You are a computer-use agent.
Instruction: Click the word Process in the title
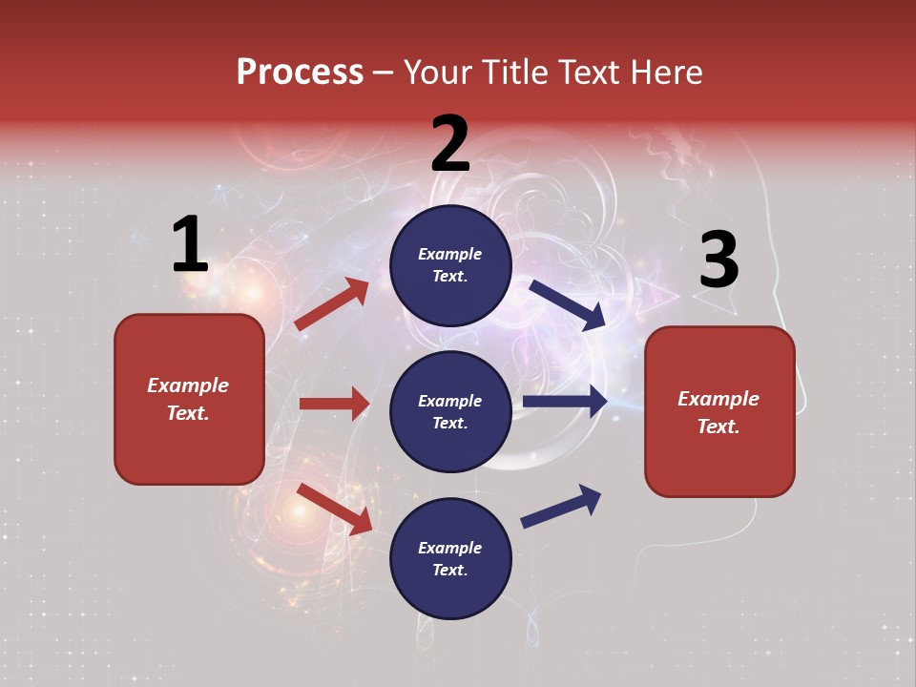(x=300, y=73)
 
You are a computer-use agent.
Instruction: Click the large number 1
(x=190, y=245)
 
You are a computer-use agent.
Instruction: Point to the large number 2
(x=450, y=144)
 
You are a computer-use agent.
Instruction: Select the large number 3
(x=718, y=261)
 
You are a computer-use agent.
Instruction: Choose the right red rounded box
(x=719, y=412)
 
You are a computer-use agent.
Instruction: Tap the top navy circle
(x=450, y=265)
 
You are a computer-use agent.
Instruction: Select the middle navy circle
(x=450, y=411)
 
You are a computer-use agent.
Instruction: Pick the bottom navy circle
(x=450, y=558)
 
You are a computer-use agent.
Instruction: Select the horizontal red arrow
(x=334, y=404)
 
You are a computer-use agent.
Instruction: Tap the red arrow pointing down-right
(x=334, y=509)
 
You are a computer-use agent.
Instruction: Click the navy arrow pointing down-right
(x=568, y=304)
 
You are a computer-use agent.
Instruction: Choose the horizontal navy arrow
(x=565, y=402)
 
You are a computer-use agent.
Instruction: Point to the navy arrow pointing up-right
(x=561, y=506)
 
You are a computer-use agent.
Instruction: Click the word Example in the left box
(x=188, y=385)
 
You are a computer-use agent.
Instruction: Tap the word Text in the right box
(x=718, y=427)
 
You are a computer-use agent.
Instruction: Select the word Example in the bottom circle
(x=449, y=548)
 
